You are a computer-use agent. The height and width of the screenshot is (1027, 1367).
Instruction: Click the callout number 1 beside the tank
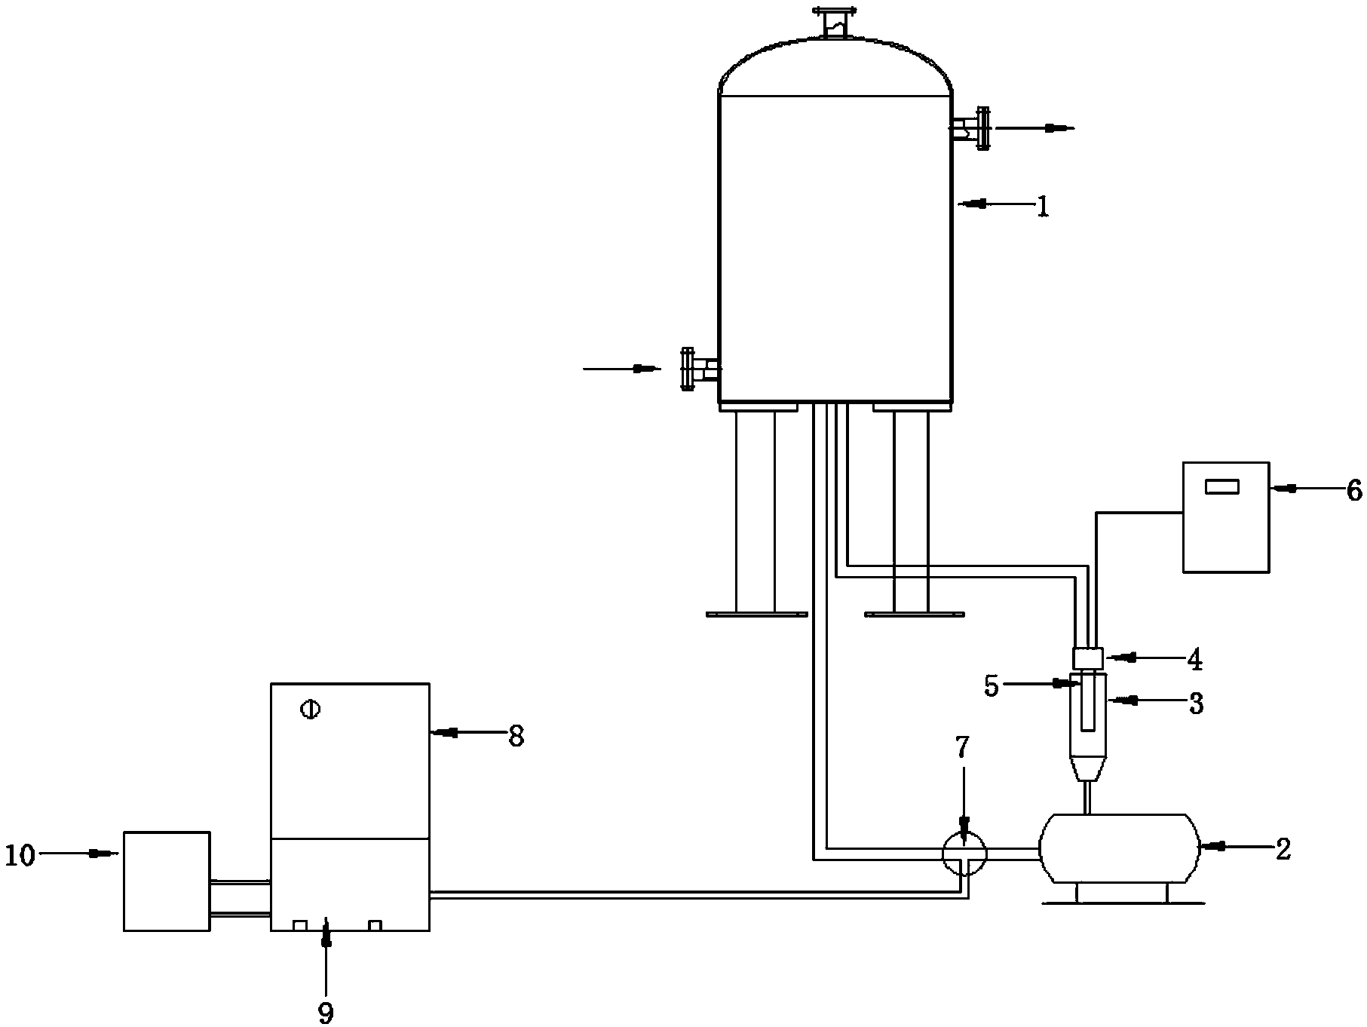1042,206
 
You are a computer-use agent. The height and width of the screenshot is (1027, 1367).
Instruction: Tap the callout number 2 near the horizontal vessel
1283,848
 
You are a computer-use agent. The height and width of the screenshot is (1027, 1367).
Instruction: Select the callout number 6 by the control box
1354,491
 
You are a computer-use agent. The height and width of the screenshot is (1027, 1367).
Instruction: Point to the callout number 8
516,735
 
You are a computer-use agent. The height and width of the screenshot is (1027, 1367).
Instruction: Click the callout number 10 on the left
20,856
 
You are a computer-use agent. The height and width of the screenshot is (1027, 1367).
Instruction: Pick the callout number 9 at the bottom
326,1012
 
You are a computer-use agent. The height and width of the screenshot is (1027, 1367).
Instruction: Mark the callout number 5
992,687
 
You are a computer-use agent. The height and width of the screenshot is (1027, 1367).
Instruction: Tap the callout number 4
1194,660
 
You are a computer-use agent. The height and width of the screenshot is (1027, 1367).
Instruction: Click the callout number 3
1195,704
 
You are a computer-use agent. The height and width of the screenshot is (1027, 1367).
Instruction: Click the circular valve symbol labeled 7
964,852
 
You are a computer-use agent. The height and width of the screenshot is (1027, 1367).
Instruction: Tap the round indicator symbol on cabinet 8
310,709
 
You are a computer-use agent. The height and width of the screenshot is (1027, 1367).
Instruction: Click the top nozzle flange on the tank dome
835,13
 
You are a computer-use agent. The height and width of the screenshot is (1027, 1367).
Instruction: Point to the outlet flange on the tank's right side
982,129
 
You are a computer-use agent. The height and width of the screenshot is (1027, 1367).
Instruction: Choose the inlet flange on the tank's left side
687,369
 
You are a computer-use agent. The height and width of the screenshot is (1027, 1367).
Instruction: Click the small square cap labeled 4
1088,658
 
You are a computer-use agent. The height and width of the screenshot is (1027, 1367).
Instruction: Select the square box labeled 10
167,881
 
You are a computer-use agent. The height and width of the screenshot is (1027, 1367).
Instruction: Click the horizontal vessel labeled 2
1114,848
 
